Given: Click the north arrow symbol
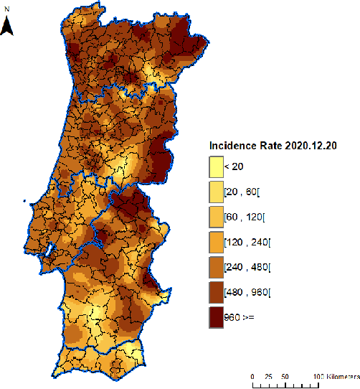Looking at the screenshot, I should (x=8, y=27).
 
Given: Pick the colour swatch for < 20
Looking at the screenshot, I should (x=215, y=167).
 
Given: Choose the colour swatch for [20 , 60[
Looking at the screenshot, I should (x=215, y=192).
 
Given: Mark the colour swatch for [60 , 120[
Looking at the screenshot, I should (x=215, y=217).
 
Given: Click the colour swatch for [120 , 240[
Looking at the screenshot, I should (x=215, y=242).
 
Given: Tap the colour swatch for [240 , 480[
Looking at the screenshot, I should (x=215, y=267).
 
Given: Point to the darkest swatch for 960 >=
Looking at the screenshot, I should (x=215, y=317).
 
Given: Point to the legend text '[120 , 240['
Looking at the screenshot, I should (x=247, y=242).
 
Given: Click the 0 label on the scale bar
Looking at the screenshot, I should (x=253, y=376).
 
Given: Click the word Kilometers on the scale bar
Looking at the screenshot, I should (x=341, y=376).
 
